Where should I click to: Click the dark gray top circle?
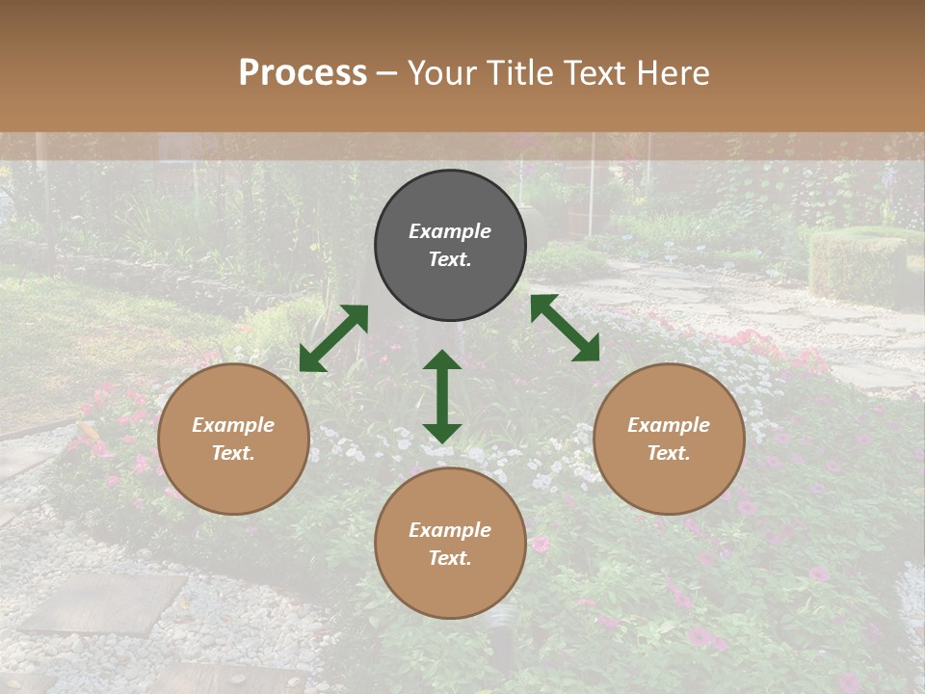point(450,246)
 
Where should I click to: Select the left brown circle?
point(233,439)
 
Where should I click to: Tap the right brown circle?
point(669,439)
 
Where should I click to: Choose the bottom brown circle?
point(450,544)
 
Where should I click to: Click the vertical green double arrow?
point(442,396)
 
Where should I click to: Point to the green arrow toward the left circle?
point(333,338)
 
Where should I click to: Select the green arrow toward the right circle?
point(566,328)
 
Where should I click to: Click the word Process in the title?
point(303,72)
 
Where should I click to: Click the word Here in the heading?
point(674,72)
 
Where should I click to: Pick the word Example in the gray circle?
point(450,231)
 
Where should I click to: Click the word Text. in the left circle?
point(233,453)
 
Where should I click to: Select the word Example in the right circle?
point(669,425)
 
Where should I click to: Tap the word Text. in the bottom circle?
point(450,558)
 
